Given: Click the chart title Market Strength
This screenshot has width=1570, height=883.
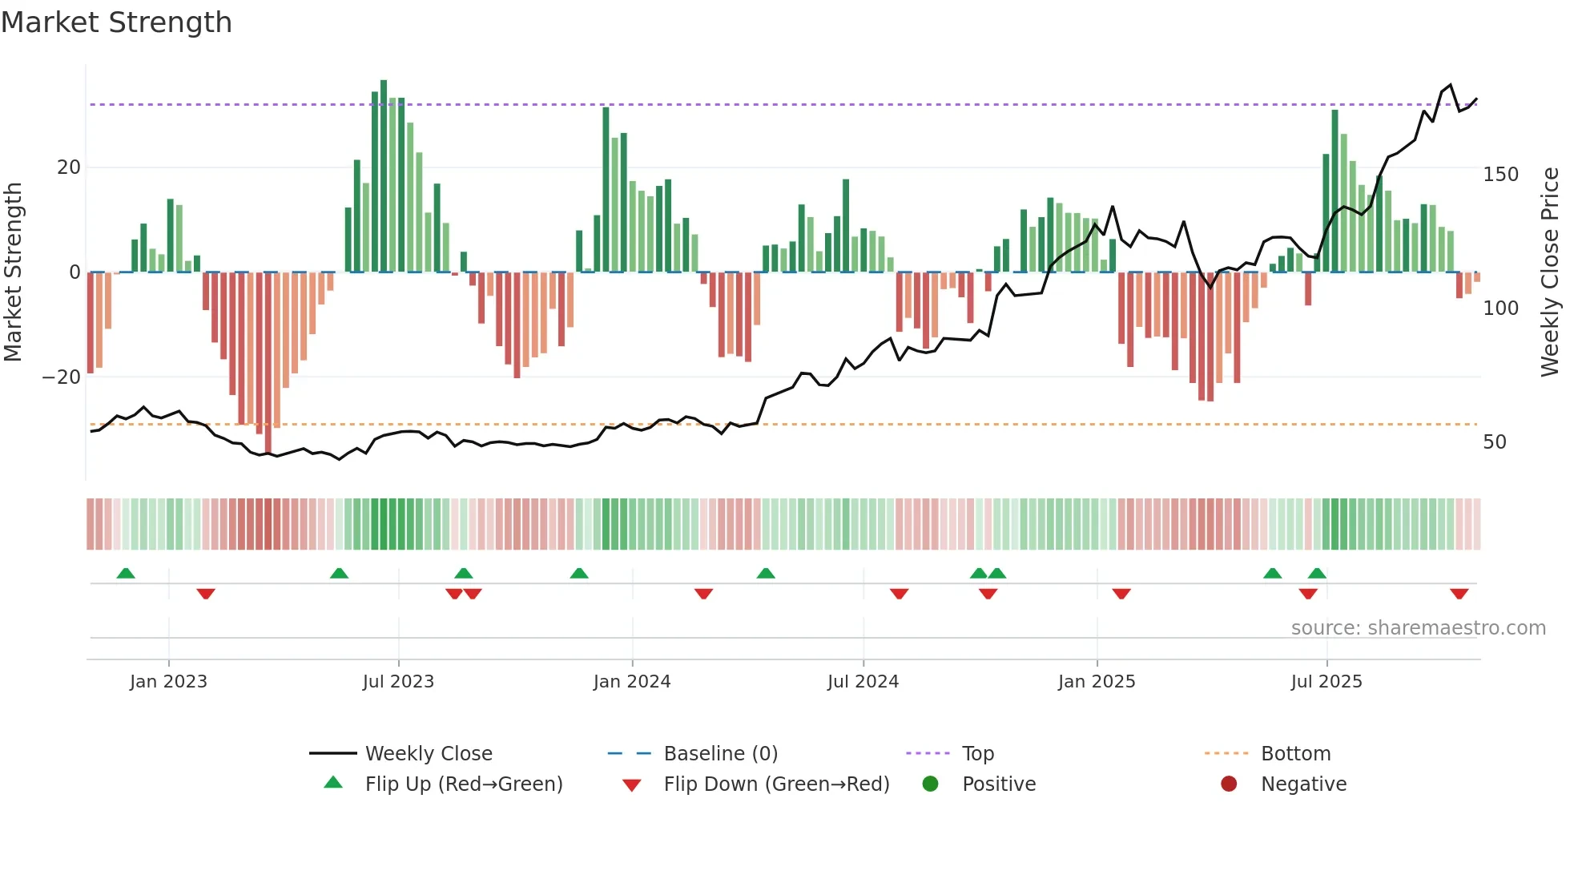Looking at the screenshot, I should pos(116,22).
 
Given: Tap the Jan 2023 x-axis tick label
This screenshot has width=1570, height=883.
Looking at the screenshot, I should pos(168,682).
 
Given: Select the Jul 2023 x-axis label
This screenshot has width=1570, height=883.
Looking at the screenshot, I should pos(398,682).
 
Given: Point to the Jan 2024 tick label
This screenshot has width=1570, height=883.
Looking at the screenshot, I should pos(632,682).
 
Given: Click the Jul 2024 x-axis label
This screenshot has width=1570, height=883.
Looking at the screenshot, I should pos(863,682).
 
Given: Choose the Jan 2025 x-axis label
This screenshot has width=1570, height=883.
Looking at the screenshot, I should pos(1097,682).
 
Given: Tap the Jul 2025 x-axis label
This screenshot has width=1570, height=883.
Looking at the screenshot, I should pos(1326,682).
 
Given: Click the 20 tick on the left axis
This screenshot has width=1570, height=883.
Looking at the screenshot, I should pos(69,167).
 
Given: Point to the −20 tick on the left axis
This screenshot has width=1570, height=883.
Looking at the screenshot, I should pos(62,377).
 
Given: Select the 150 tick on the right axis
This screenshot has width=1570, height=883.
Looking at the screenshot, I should pos(1500,175).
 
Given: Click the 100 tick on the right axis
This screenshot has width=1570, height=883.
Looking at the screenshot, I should pos(1500,308).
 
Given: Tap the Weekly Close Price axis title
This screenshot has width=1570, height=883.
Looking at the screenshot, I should pos(1550,272).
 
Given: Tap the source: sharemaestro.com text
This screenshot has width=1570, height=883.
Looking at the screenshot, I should pos(1418,628).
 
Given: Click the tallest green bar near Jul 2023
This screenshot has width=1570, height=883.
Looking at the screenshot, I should pos(384,176).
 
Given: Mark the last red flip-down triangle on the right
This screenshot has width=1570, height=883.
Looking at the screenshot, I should pos(1459,594).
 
